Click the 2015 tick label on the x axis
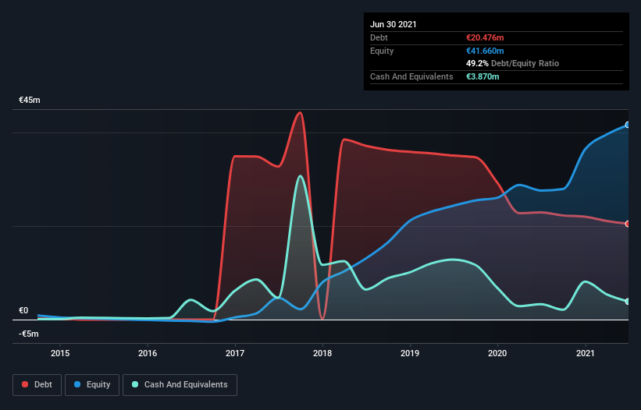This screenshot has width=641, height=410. click(x=60, y=353)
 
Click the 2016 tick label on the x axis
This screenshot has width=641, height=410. click(x=148, y=353)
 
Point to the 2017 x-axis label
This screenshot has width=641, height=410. click(x=235, y=353)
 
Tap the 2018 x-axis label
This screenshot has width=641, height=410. click(x=322, y=353)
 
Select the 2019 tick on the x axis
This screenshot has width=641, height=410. click(x=411, y=353)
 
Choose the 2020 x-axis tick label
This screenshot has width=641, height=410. click(x=498, y=353)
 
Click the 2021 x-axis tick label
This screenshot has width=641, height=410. click(x=586, y=353)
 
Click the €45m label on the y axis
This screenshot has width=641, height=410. click(x=30, y=101)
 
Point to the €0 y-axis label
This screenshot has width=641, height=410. click(x=23, y=310)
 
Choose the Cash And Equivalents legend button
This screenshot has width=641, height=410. click(x=180, y=384)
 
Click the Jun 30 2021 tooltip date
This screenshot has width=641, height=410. click(x=394, y=24)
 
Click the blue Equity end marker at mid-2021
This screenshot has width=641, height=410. click(x=627, y=125)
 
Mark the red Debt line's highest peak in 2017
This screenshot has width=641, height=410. click(x=299, y=112)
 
